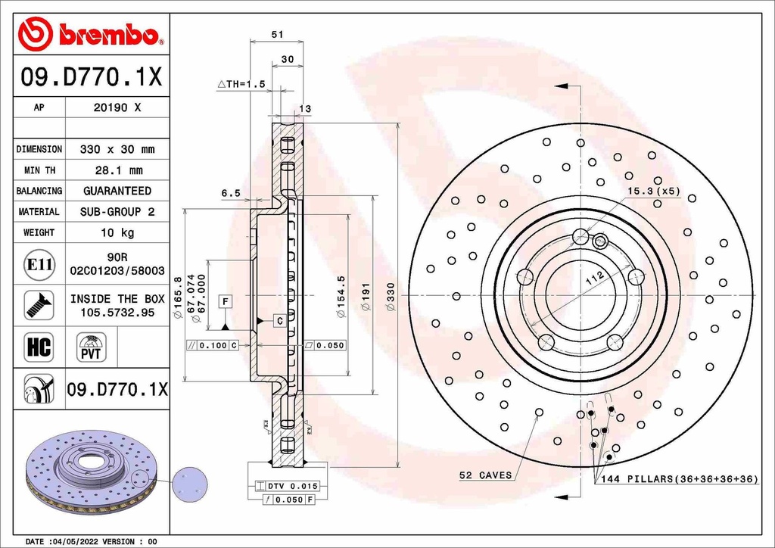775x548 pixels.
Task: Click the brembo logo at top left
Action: tap(90, 34)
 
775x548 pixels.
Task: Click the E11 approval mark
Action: tap(39, 264)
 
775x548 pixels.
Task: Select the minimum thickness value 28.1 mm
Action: tap(117, 170)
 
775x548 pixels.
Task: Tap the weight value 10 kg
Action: tap(117, 232)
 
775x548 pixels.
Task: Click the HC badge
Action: tap(39, 347)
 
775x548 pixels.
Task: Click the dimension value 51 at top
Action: tap(277, 34)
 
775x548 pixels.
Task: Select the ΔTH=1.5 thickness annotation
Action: tap(241, 85)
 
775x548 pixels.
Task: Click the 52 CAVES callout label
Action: tap(485, 475)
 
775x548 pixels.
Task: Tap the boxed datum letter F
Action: tap(225, 302)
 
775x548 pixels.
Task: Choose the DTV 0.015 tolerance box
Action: tap(285, 486)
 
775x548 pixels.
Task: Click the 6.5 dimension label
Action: tap(231, 193)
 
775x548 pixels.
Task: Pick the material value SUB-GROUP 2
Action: tap(117, 212)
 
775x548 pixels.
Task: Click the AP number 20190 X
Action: tap(117, 107)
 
